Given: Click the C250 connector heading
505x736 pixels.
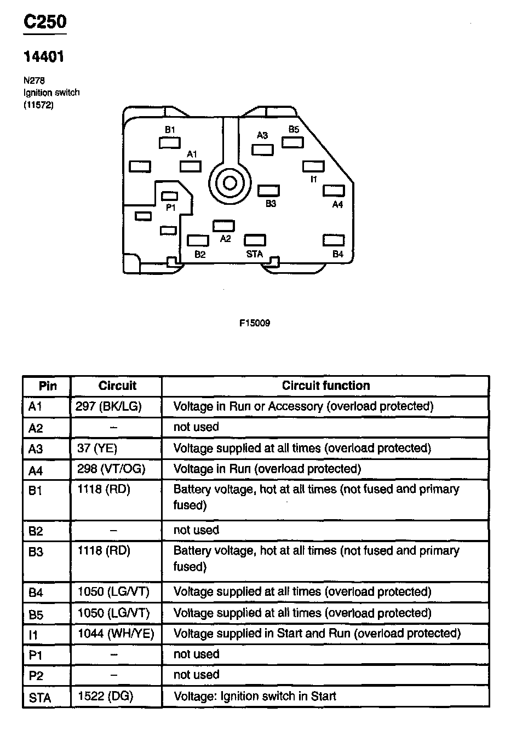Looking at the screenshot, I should coord(44,22).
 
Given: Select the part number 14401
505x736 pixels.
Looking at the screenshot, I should coord(43,57).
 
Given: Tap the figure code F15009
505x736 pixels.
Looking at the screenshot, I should coord(255,323).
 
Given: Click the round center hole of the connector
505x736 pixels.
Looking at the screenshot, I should coord(229,183).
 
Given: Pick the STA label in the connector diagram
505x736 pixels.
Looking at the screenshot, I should coord(255,254).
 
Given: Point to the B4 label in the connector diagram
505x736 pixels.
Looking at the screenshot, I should coord(338,254).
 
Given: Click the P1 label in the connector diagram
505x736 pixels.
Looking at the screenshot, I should coord(170,208).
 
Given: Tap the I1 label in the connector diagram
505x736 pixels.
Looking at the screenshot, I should coord(314,179).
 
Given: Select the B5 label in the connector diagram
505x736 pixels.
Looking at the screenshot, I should coord(294,130).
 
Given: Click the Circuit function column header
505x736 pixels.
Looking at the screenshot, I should coord(326,386).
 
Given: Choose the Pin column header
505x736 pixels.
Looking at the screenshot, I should coord(48,386).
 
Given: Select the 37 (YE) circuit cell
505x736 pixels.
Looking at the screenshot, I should coord(98,449).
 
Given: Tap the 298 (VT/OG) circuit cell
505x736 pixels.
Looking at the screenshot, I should coord(112,469).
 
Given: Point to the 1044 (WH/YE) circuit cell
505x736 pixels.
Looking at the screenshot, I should coord(116,634).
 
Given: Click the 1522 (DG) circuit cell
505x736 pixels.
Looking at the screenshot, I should coord(106,696).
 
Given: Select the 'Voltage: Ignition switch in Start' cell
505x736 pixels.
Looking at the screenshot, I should coord(255,696).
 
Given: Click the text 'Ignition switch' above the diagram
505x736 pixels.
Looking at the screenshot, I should coord(51,93).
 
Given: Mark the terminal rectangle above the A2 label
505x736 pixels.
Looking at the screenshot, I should coord(223,226).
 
